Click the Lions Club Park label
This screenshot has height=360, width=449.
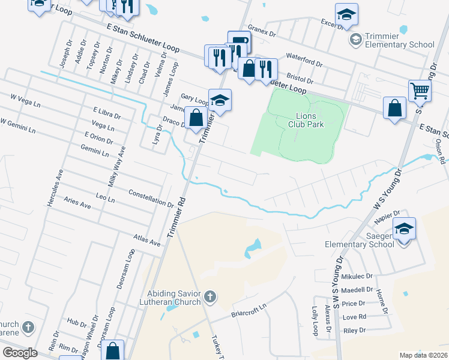point(310,120)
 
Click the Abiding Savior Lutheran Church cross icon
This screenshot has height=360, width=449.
point(210,296)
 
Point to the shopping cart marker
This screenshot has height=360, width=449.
point(420,91)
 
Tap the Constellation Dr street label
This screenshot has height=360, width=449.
point(151,197)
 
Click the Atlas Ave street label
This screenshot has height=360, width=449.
point(147,240)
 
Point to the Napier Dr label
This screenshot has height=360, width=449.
point(388,217)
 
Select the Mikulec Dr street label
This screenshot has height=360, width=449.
point(357,277)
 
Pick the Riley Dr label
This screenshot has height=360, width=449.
point(354,330)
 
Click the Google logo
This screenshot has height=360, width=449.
point(20,352)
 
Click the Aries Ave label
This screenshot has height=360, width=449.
point(77,205)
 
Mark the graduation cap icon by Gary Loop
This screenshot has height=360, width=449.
point(220,100)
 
